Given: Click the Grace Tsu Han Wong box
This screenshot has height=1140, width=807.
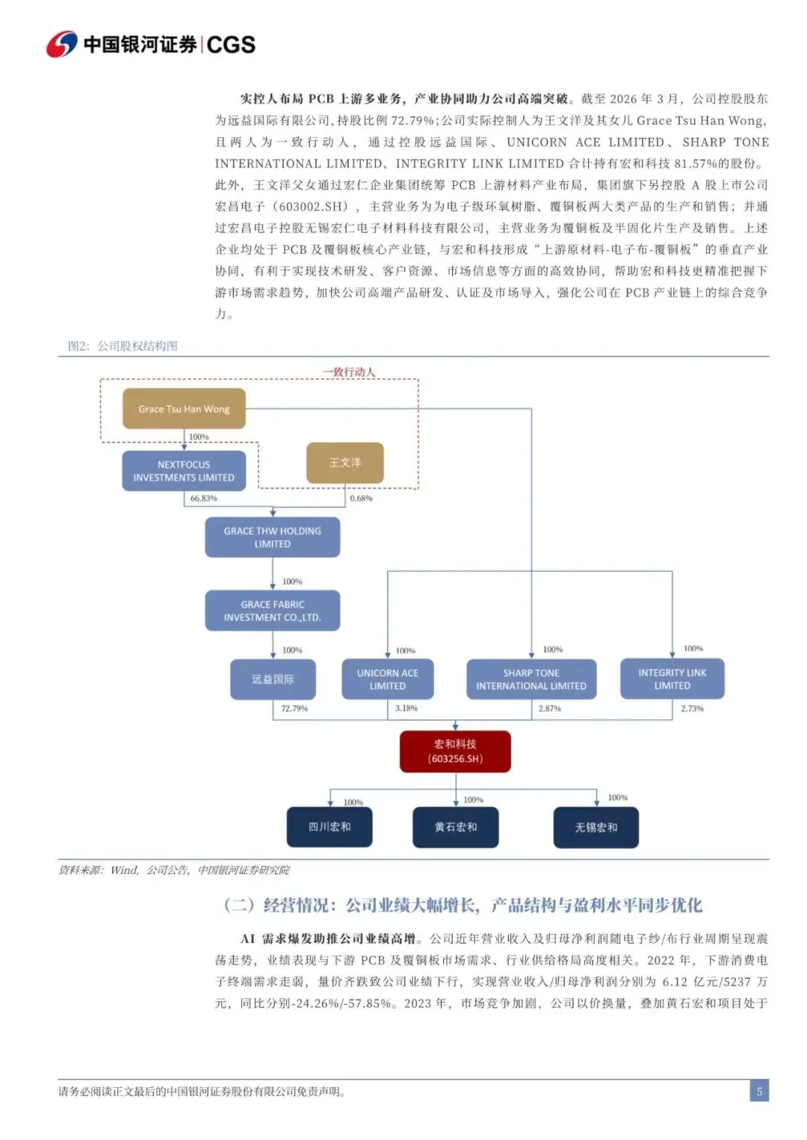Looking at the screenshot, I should (x=184, y=408).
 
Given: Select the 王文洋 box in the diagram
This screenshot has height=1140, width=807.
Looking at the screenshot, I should (x=345, y=463).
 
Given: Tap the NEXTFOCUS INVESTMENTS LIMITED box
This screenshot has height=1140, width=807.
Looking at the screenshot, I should (x=184, y=471).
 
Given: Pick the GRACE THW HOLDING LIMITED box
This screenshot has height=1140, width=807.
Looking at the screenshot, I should (x=272, y=538).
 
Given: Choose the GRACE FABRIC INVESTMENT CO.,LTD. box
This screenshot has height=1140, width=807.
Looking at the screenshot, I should (x=272, y=611).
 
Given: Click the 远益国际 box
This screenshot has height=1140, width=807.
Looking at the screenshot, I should (x=273, y=679).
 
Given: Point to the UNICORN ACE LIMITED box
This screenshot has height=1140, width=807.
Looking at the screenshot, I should (x=388, y=679).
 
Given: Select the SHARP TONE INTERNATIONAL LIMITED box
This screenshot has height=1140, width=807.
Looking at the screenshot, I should (x=531, y=679).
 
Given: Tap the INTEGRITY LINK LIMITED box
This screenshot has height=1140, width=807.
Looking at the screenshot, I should (x=672, y=679).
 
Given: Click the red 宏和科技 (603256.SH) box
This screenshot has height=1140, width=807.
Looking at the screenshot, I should (x=455, y=751).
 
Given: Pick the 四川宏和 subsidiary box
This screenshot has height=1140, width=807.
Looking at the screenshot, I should (x=330, y=827).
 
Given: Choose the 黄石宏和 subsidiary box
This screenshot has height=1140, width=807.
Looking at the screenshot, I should (x=456, y=827).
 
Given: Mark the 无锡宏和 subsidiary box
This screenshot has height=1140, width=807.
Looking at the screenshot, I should (x=596, y=827).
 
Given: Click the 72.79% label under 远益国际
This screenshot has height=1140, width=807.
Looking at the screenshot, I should (x=294, y=708).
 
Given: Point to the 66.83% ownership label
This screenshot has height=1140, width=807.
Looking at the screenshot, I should (x=203, y=498).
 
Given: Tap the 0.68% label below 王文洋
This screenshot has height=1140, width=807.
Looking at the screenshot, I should (x=361, y=498).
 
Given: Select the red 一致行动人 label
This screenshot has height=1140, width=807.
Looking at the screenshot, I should (x=349, y=372).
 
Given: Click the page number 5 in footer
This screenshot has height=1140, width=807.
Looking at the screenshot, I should (x=759, y=1091).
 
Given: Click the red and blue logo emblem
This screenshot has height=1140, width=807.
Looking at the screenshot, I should (x=62, y=45).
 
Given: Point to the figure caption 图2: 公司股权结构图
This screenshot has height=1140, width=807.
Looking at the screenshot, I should (x=123, y=346).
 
